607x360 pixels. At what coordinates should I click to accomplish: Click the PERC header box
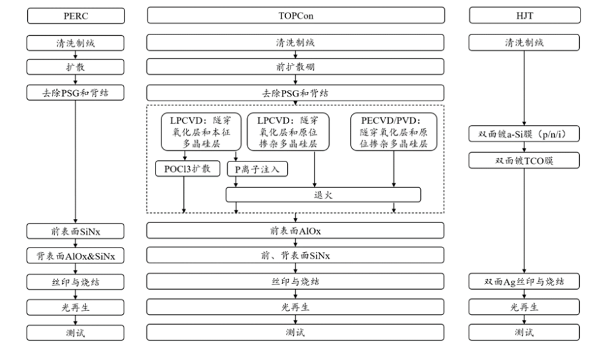coord(77,15)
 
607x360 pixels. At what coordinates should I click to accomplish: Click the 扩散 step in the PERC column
coord(77,67)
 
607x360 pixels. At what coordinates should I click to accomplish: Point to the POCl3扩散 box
coord(183,169)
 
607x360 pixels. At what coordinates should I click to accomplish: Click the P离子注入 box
coord(257,169)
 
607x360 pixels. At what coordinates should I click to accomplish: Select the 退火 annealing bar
coord(323,195)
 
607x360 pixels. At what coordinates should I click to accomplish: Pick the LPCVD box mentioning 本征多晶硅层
coord(200,131)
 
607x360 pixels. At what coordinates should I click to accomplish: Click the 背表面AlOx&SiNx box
coord(77,256)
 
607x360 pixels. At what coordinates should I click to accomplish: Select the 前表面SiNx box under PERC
coord(77,230)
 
